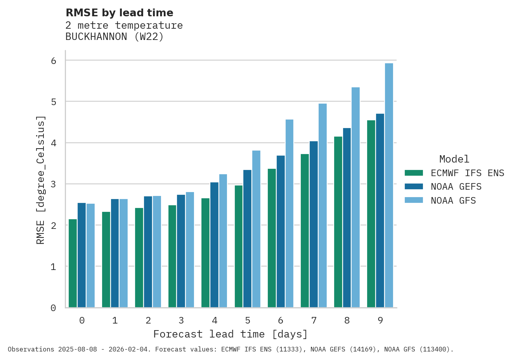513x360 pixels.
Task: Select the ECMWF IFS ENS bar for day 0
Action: [73, 263]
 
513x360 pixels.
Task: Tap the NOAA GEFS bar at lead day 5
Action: [247, 239]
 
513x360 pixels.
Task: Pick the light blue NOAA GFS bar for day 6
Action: [289, 213]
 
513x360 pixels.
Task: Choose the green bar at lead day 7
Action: [305, 231]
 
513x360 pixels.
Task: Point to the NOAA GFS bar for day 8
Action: [355, 197]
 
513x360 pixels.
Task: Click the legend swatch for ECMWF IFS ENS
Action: [414, 173]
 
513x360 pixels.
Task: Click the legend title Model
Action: [454, 159]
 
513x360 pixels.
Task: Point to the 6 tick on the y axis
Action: [54, 61]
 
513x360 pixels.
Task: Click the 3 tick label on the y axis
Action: [54, 184]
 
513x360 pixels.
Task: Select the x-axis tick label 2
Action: [148, 321]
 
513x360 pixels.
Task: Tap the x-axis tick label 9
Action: [380, 321]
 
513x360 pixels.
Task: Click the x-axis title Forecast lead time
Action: [231, 334]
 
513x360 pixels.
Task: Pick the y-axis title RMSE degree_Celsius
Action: [41, 180]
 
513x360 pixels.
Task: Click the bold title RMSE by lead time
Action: [120, 13]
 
